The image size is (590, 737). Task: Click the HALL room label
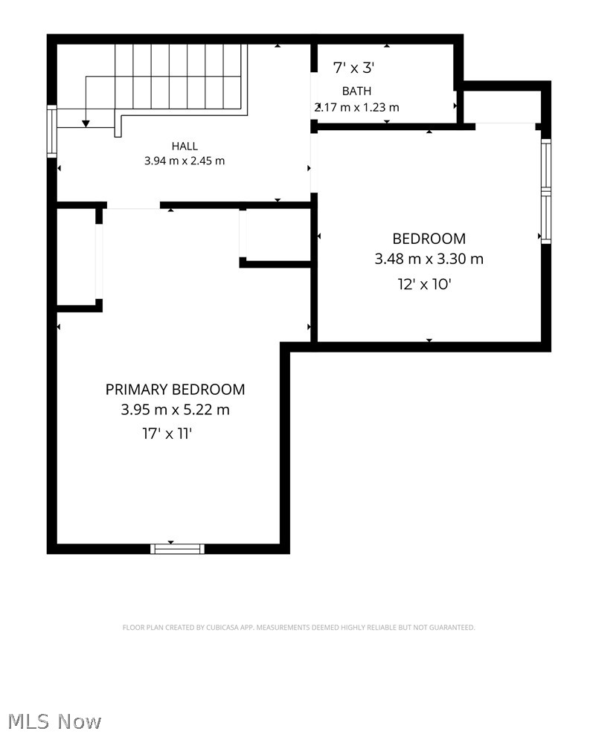pyautogui.click(x=185, y=147)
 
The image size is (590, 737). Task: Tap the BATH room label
pyautogui.click(x=356, y=91)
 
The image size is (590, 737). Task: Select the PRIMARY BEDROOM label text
pyautogui.click(x=175, y=390)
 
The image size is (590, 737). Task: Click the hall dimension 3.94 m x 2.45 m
pyautogui.click(x=185, y=161)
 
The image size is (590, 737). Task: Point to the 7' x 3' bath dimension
pyautogui.click(x=353, y=68)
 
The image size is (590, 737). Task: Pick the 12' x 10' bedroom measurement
pyautogui.click(x=425, y=284)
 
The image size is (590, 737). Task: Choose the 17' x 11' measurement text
pyautogui.click(x=167, y=434)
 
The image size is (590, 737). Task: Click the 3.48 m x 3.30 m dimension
pyautogui.click(x=429, y=259)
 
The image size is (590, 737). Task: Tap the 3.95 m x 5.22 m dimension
pyautogui.click(x=175, y=410)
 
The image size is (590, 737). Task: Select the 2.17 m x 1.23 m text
pyautogui.click(x=357, y=108)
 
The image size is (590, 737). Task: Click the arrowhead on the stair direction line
pyautogui.click(x=86, y=123)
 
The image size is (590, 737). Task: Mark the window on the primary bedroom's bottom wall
pyautogui.click(x=177, y=549)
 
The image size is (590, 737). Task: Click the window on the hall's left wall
pyautogui.click(x=52, y=131)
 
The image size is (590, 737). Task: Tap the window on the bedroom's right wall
pyautogui.click(x=546, y=191)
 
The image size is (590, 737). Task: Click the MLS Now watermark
pyautogui.click(x=54, y=721)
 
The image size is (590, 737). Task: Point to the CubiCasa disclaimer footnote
pyautogui.click(x=298, y=628)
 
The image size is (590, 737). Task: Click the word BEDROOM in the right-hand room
pyautogui.click(x=429, y=239)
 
